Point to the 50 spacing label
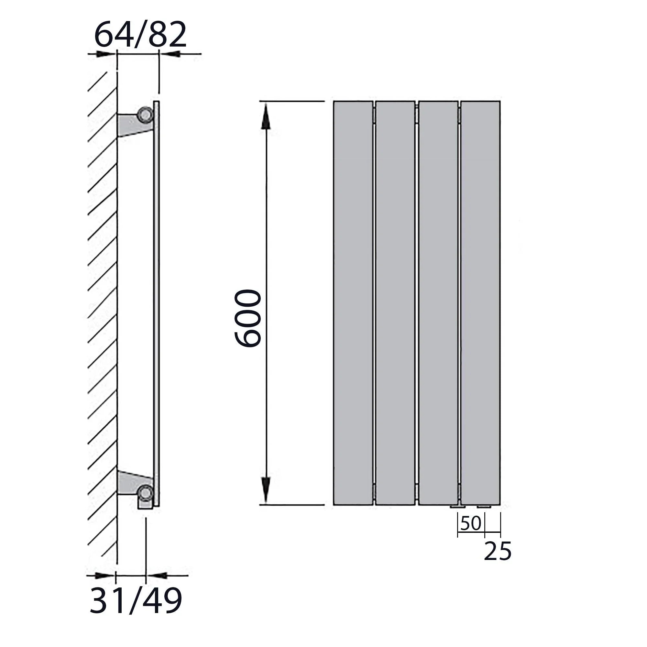point(470,523)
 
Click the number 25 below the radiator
point(498,551)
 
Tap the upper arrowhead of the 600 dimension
point(266,116)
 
